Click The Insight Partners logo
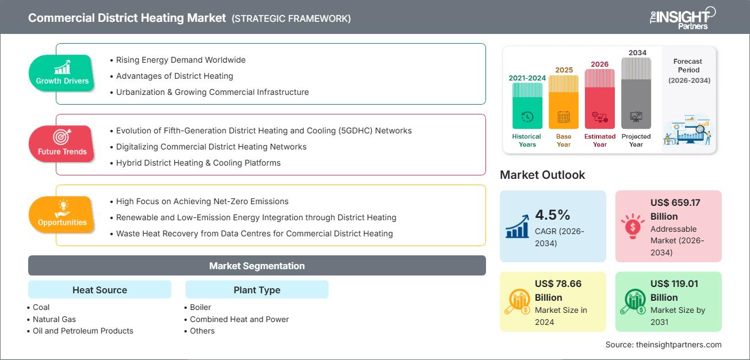(682, 17)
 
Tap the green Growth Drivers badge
(62, 74)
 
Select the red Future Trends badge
(62, 144)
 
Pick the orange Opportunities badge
(62, 215)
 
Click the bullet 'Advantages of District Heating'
(174, 76)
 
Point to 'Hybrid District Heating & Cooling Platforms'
(198, 163)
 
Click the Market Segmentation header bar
(257, 266)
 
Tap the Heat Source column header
(100, 290)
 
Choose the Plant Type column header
(257, 290)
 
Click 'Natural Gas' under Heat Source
(54, 319)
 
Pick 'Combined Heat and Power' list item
(239, 319)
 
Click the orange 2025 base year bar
(564, 102)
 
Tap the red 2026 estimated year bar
(600, 98)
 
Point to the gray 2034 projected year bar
(636, 93)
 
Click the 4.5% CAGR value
(552, 215)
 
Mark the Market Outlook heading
(543, 175)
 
